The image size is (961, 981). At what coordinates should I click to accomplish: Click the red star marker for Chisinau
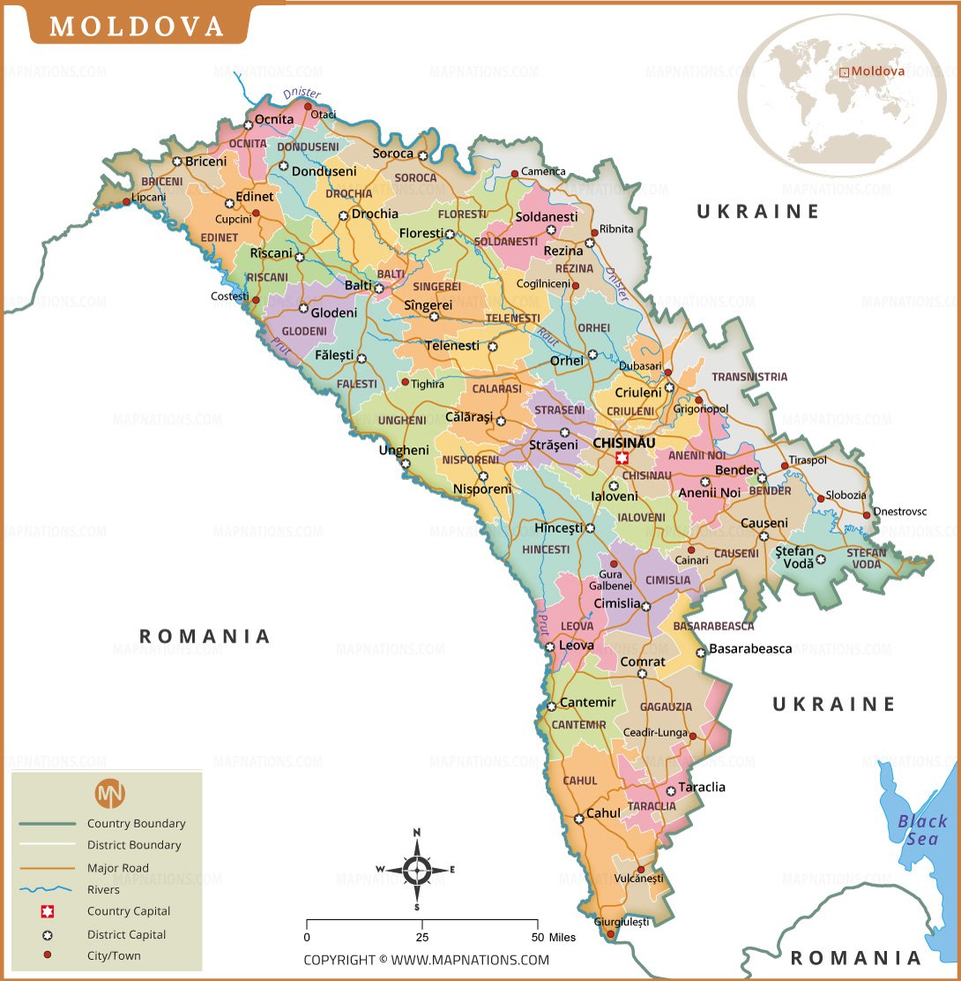coord(622,457)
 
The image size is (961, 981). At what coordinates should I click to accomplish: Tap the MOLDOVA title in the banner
coord(137,26)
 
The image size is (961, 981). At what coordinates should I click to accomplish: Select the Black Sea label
coord(922,830)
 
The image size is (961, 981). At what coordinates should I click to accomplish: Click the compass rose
coord(417,870)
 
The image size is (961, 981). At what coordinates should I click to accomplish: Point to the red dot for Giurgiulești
coord(610,932)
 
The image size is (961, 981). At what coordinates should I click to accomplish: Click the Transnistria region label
coord(749,377)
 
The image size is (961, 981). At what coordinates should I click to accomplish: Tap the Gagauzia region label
coord(666,707)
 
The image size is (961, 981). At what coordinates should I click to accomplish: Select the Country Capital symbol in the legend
coord(48,911)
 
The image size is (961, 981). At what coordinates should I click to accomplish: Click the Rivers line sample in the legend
coord(48,889)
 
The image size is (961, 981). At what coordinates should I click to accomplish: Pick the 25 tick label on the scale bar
coord(422,937)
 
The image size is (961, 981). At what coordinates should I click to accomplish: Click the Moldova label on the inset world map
coord(877,71)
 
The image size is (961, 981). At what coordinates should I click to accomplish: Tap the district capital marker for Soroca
coord(423,155)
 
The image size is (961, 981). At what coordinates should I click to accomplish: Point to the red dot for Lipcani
coord(127,201)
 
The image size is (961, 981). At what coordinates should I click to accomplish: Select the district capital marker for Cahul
coord(578,819)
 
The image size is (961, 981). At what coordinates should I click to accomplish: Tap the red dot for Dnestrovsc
coord(867,514)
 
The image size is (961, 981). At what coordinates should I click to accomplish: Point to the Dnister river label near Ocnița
coord(302,94)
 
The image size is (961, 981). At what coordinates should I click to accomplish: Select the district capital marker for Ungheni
coord(406,463)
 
